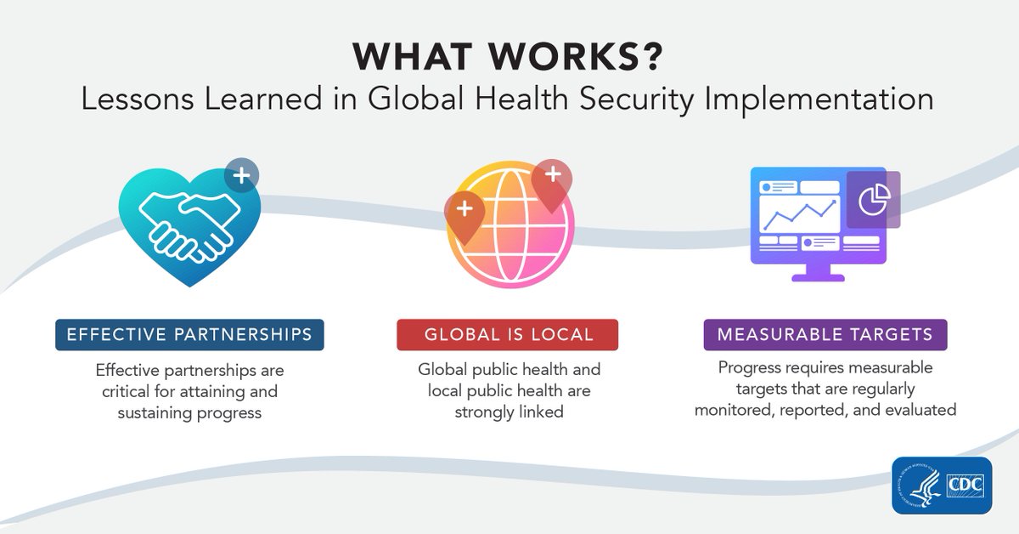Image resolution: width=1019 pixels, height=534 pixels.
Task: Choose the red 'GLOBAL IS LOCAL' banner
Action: pyautogui.click(x=507, y=334)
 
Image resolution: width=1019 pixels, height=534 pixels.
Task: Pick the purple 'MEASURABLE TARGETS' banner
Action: pyautogui.click(x=825, y=334)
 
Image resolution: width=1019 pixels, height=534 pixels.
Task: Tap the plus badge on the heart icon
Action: pyautogui.click(x=242, y=177)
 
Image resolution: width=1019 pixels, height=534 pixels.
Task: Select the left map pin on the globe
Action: pyautogui.click(x=464, y=213)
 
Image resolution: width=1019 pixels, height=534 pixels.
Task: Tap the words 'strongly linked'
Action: pyautogui.click(x=507, y=412)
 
